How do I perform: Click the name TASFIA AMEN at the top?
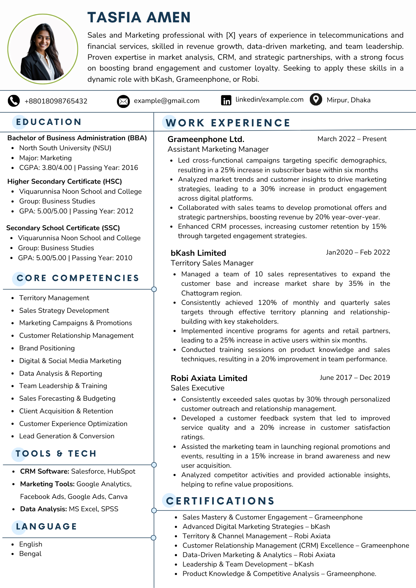coord(139,17)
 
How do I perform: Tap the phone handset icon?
coord(14,101)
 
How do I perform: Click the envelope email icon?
coord(123,101)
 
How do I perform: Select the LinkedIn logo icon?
coord(226,100)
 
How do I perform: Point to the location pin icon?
coord(316,100)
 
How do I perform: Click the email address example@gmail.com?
coord(167,101)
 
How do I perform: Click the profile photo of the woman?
coord(43,49)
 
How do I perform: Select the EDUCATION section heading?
coord(49,122)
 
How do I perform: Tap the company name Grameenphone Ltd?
coord(206,139)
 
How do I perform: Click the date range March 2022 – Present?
coord(352,139)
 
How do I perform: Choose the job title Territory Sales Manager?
coord(212,263)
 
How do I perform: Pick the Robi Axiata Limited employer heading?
coord(209,378)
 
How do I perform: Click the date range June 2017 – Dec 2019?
coord(355,378)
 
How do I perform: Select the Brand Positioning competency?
coord(47,348)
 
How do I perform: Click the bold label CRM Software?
coord(44,472)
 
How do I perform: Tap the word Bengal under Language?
coord(30,554)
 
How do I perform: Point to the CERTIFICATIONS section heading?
coord(220,501)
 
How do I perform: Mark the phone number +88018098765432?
coord(56,101)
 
